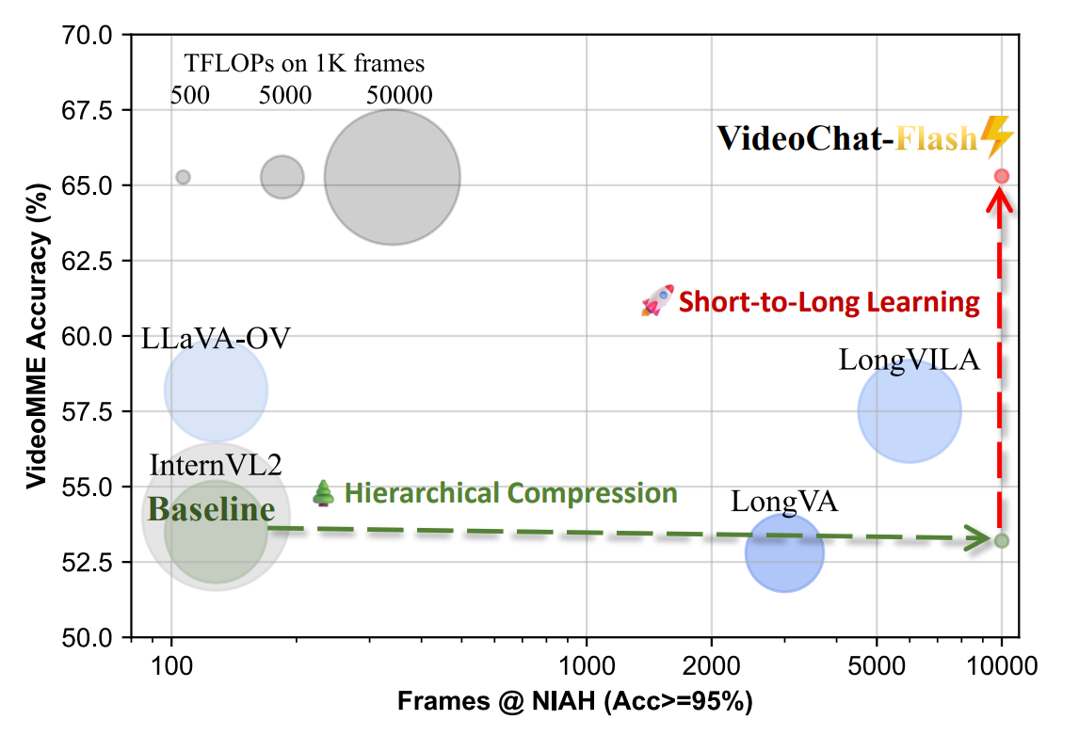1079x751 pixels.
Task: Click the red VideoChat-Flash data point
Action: point(1002,176)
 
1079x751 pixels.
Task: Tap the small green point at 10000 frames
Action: point(1002,540)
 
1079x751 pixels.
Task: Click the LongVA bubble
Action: point(784,552)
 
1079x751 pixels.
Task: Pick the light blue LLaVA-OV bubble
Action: point(217,390)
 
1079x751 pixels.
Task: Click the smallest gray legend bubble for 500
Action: point(184,177)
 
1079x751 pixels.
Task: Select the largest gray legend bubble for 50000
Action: point(393,177)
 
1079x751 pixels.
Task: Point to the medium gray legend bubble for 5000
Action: point(282,177)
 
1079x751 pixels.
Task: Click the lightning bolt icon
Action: point(997,137)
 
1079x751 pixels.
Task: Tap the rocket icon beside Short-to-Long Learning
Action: point(657,300)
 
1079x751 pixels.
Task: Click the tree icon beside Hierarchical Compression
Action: point(324,492)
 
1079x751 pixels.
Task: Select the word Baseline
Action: point(212,511)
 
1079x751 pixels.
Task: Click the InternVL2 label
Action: point(216,465)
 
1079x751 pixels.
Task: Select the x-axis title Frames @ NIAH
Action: point(574,702)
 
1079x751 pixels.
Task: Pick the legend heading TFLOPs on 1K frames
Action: point(304,64)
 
